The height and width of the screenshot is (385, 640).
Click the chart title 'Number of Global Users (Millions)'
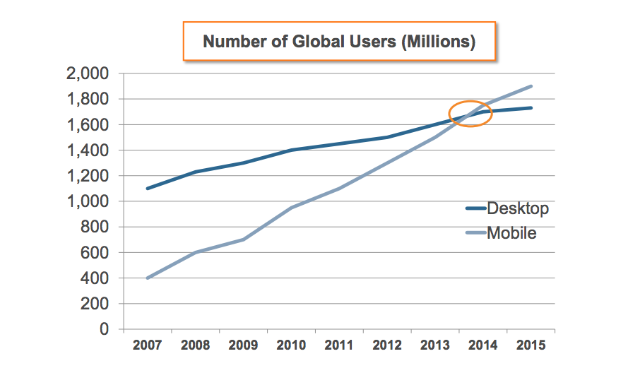[x=339, y=42]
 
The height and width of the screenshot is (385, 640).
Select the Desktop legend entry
[x=507, y=208]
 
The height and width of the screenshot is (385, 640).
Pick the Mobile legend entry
[x=501, y=232]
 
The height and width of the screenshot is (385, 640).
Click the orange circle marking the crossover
[x=470, y=113]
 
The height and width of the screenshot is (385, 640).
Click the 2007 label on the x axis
[x=147, y=345]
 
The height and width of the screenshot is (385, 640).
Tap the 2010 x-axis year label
[x=291, y=345]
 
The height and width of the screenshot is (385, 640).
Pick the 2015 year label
[x=531, y=345]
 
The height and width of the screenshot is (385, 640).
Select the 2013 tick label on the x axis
[x=435, y=345]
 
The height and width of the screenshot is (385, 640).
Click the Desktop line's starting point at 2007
[x=147, y=189]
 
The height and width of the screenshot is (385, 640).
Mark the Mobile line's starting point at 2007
[x=147, y=278]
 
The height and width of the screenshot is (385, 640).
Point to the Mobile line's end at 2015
[x=531, y=86]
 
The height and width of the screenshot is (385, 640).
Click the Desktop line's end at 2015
[x=531, y=108]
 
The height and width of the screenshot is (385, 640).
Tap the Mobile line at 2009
[x=243, y=239]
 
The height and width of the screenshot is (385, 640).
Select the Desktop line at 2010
[x=291, y=150]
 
